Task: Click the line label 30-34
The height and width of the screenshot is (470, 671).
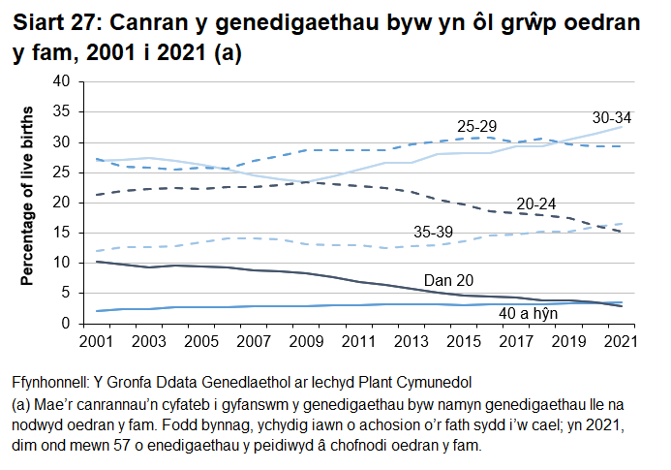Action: (x=611, y=118)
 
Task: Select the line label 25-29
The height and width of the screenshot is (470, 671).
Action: (x=477, y=127)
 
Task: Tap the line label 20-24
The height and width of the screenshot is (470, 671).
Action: (x=536, y=204)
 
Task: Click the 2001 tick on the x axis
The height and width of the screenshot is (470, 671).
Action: (x=98, y=343)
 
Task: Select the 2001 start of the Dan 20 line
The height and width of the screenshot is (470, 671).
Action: (x=98, y=262)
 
